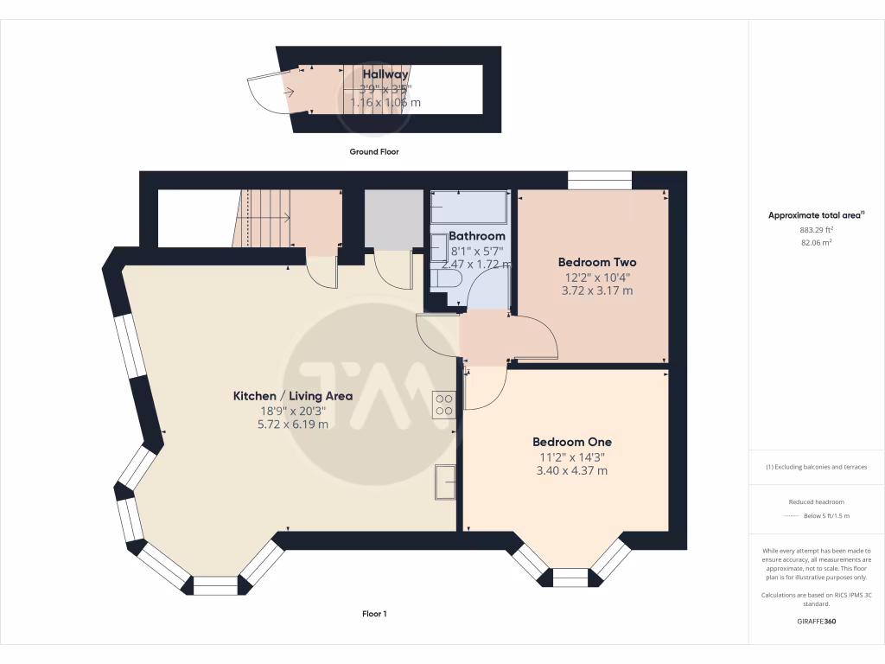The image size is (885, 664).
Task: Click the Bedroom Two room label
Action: point(597,262)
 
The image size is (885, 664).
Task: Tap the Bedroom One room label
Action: point(571,442)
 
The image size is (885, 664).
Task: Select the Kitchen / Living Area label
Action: point(293,396)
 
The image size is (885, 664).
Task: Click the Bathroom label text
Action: point(477,236)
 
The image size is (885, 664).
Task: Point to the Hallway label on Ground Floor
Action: point(385,75)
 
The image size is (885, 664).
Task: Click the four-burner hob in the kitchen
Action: point(444,405)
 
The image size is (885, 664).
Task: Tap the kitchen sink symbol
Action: point(446,482)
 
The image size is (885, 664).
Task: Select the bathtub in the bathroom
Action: point(468,207)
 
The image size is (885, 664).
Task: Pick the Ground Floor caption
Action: point(374,151)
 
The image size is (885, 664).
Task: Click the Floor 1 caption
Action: point(374,614)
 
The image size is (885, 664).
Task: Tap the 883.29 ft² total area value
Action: point(816,230)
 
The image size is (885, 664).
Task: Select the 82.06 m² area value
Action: point(816,244)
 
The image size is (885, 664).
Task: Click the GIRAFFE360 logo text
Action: point(816,622)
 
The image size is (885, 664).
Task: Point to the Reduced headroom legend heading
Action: point(816,502)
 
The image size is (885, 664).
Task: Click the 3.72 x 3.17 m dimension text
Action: point(597,290)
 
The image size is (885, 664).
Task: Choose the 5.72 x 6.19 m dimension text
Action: point(293,425)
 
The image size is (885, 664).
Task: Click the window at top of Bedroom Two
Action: point(600,182)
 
